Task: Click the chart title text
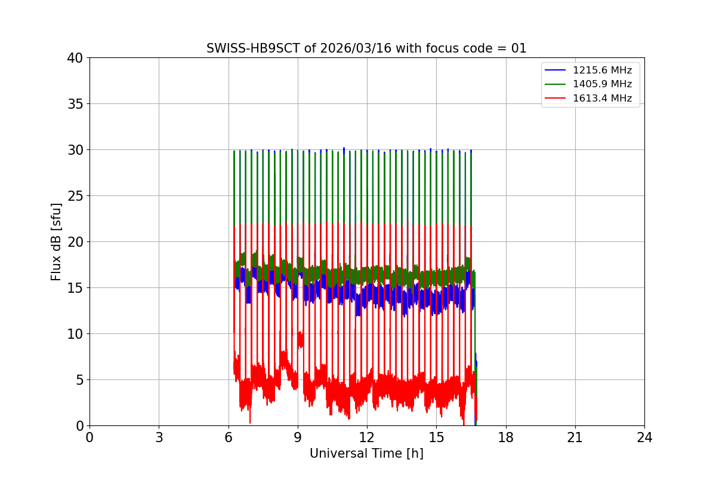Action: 366,48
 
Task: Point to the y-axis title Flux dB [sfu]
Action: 56,241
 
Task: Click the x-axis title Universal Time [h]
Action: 366,454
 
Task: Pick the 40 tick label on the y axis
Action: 75,58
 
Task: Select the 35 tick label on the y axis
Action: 75,104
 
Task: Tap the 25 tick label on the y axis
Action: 75,196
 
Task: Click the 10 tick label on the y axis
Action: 75,334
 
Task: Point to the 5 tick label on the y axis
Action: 79,380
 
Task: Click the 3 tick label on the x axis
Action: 159,437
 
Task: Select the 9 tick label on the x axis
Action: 298,437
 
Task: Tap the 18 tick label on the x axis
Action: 506,437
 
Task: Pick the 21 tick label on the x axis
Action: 575,437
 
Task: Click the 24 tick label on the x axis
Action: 644,437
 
